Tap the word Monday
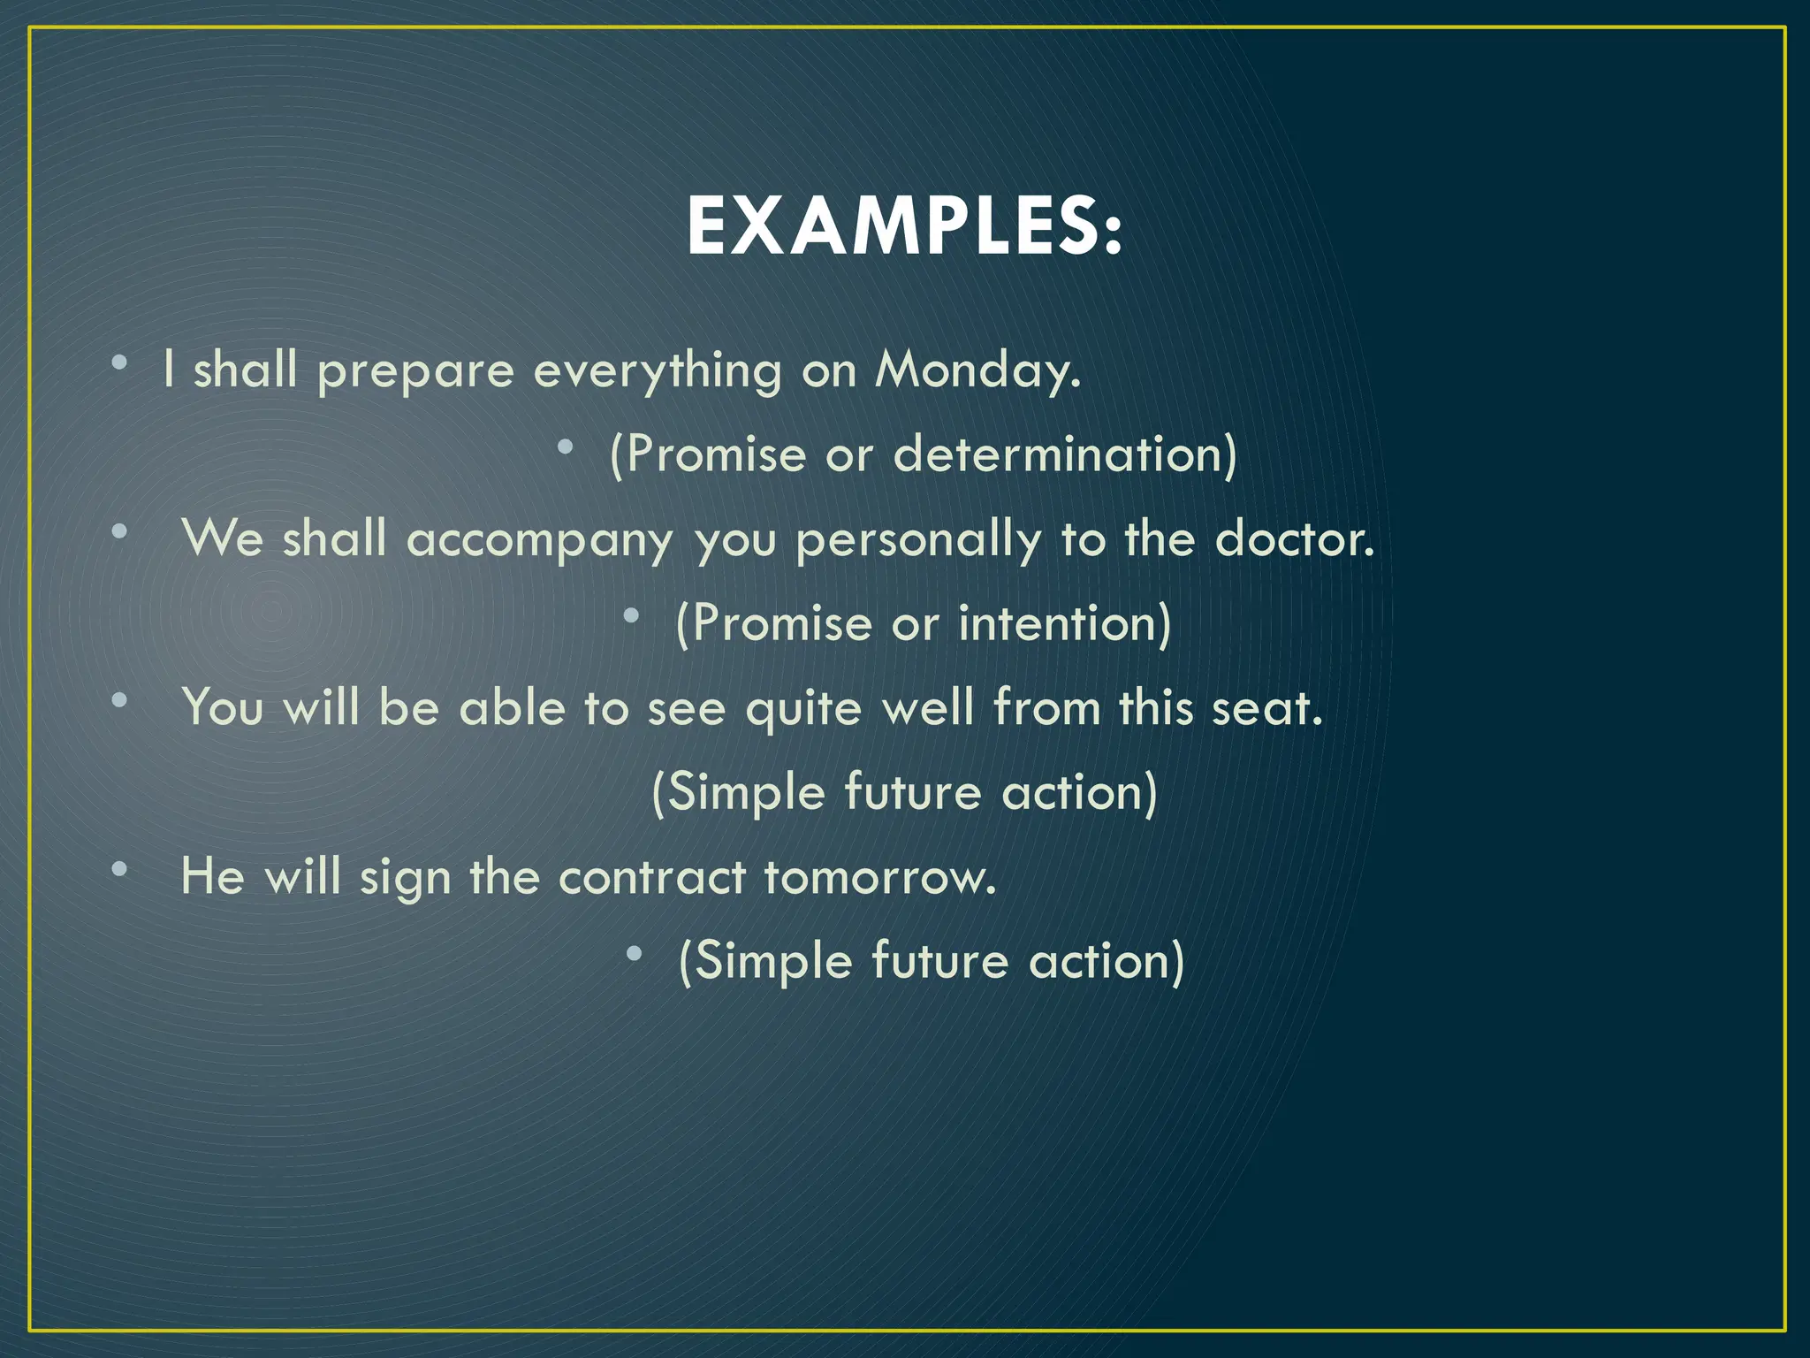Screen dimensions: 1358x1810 [x=977, y=370]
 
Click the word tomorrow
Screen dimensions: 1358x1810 [x=879, y=877]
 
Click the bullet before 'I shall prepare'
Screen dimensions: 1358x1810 [x=119, y=362]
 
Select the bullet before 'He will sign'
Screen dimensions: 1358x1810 [x=119, y=869]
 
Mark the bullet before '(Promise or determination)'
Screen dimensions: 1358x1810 [x=566, y=447]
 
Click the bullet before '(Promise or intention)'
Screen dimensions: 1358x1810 [x=631, y=616]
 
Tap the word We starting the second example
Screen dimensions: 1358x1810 [x=222, y=538]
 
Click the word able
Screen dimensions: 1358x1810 [x=512, y=707]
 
